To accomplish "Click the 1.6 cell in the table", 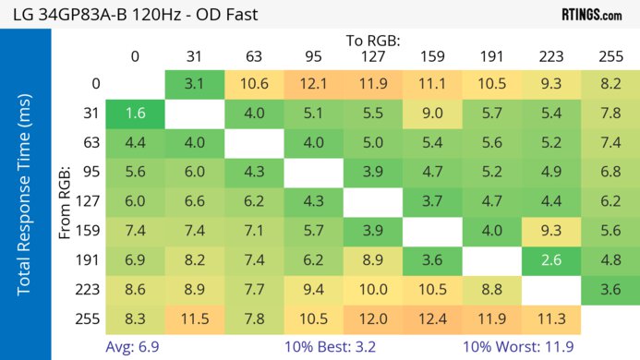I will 135,114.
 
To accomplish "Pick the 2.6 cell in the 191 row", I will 551,260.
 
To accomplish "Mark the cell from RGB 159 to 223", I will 551,231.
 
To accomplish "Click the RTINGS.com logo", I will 591,14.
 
